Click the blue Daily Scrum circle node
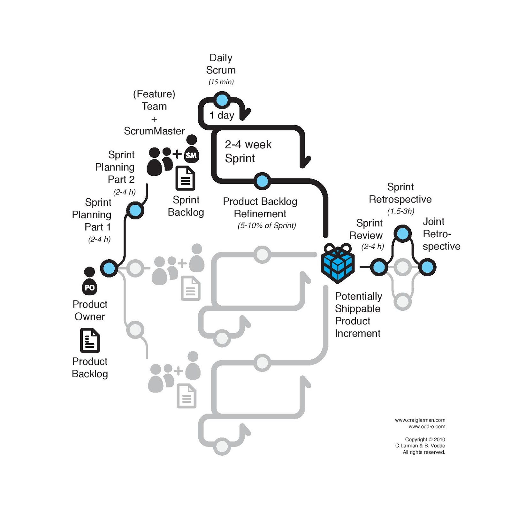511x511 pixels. pos(222,100)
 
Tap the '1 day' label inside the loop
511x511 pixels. pos(222,115)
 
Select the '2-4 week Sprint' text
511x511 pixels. pos(248,151)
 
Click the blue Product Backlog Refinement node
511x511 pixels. pos(262,181)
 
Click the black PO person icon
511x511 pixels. pos(89,281)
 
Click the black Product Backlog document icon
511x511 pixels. pos(90,340)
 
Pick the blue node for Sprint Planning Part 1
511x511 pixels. pos(109,268)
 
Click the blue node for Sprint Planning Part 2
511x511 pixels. pos(135,210)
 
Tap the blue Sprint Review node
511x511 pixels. pos(379,267)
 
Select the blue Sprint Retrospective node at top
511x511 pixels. pos(402,233)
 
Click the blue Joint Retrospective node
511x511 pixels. pos(427,267)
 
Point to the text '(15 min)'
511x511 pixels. pos(221,82)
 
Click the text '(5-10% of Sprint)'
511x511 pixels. pos(267,225)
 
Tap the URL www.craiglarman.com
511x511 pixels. pos(420,420)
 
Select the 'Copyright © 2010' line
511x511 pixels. pos(425,439)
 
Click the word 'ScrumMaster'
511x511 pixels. pos(154,131)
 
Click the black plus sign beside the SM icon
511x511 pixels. pos(177,154)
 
